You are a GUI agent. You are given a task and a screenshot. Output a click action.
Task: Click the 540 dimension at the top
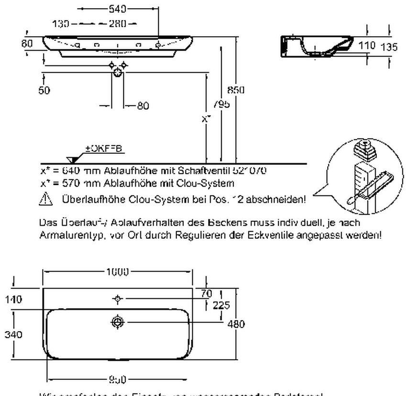click(118, 9)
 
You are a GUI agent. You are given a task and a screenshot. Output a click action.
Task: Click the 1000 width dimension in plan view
click(118, 272)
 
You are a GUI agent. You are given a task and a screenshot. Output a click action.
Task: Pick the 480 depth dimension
click(237, 324)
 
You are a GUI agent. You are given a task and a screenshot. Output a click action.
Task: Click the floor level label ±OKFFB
click(104, 149)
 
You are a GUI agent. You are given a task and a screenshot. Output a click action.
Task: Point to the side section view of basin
click(316, 45)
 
